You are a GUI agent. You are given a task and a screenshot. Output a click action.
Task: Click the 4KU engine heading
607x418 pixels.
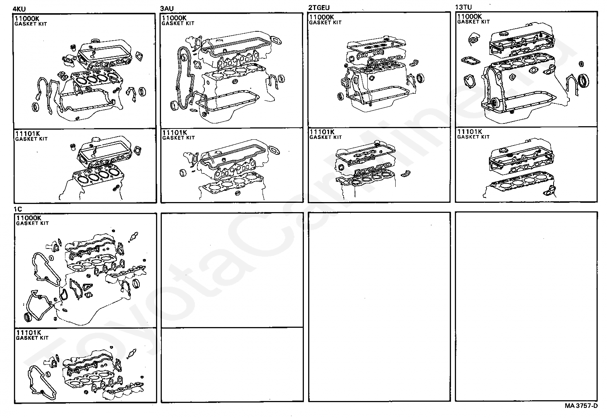pos(19,9)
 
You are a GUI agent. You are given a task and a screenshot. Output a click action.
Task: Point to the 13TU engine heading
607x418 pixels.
pos(463,7)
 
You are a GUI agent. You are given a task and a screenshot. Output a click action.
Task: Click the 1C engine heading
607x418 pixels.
pos(18,209)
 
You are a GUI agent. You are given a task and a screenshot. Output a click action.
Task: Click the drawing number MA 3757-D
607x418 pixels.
pos(581,406)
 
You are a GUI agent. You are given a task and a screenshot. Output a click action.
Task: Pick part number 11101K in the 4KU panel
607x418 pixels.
pos(27,134)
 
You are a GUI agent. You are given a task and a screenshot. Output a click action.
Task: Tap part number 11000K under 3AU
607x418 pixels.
pos(174,18)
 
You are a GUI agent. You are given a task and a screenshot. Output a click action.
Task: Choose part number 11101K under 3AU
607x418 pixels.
pos(175,132)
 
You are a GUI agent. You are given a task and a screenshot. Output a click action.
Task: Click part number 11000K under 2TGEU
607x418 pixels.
pos(321,17)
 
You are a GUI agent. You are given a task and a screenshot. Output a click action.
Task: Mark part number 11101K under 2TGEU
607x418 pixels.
pos(322,132)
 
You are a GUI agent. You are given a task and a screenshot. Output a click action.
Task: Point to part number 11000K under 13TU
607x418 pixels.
pos(470,17)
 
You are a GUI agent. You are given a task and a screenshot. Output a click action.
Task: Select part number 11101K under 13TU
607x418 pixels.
pos(470,132)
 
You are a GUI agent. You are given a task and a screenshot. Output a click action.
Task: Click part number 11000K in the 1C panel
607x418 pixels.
pos(28,218)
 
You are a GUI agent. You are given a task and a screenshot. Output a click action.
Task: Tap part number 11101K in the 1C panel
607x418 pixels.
pos(28,332)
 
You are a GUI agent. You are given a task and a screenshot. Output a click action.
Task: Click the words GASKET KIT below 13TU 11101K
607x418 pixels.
pos(473,137)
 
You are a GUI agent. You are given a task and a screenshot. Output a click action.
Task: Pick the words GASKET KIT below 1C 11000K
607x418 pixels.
pos(33,223)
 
